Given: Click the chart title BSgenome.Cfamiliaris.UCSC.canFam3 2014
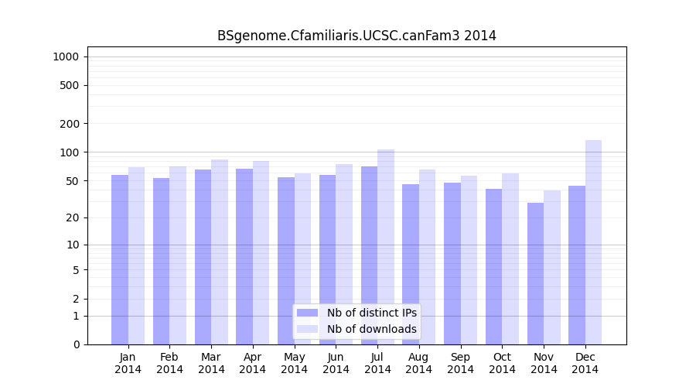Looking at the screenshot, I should (x=357, y=36).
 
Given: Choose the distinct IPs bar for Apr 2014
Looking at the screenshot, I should (x=244, y=256).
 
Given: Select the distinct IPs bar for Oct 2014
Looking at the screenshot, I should (x=494, y=266).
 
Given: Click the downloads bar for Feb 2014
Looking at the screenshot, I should (x=178, y=255).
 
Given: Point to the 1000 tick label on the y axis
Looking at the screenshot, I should (x=66, y=57).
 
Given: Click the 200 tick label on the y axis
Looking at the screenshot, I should (x=69, y=124).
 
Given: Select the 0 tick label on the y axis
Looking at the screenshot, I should (x=76, y=344).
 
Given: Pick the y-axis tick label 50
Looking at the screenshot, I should (x=72, y=181).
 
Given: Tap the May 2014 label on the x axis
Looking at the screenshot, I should (x=295, y=363).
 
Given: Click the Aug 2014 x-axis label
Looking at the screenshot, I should (x=419, y=363).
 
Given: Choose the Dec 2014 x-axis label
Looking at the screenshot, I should (x=585, y=363).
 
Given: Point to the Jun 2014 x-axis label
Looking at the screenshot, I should (x=336, y=363).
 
